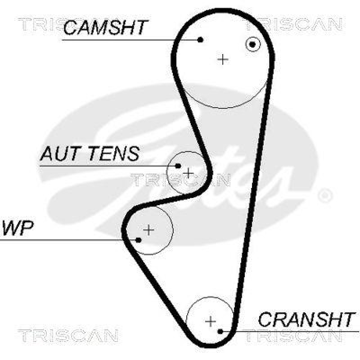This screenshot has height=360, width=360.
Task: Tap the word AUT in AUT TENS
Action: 56,154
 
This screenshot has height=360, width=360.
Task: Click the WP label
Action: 18,229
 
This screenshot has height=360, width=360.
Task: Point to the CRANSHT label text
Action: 306,319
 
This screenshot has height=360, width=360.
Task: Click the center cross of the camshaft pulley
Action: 223,59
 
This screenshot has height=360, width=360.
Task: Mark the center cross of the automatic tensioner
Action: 188,173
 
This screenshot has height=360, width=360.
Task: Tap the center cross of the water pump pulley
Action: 148,230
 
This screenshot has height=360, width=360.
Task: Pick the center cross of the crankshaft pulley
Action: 210,321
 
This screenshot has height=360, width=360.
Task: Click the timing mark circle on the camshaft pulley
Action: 253,44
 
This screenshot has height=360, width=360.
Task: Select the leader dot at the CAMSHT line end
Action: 201,40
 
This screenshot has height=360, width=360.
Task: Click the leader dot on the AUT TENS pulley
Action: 178,166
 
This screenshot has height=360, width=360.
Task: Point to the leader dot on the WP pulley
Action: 139,239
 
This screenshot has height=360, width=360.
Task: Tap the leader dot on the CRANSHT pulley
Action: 220,332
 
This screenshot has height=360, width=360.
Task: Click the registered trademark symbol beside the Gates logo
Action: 325,196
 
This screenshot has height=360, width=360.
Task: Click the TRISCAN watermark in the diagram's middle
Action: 180,180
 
